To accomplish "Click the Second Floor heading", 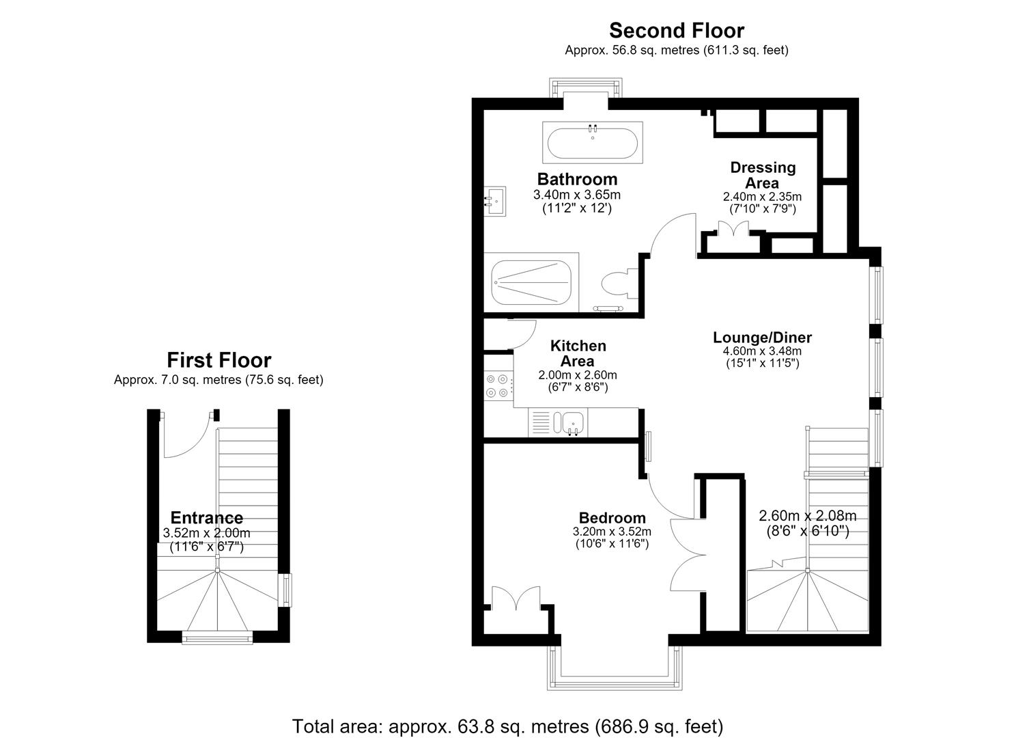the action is pyautogui.click(x=676, y=31).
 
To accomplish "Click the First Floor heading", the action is pyautogui.click(x=219, y=360).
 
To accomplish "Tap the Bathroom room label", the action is pyautogui.click(x=577, y=180).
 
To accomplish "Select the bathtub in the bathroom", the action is pyautogui.click(x=593, y=142).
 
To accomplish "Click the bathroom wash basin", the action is pyautogui.click(x=495, y=201).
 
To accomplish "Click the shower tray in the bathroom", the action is pyautogui.click(x=531, y=283).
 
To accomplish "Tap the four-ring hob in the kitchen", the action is pyautogui.click(x=498, y=385).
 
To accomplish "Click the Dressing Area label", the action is pyautogui.click(x=763, y=176).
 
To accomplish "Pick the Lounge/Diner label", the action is pyautogui.click(x=762, y=338).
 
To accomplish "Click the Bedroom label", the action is pyautogui.click(x=612, y=518).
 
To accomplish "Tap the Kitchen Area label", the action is pyautogui.click(x=578, y=353).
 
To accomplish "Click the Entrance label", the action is pyautogui.click(x=207, y=517).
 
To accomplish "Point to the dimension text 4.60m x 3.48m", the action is pyautogui.click(x=762, y=351).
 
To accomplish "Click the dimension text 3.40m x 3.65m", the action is pyautogui.click(x=577, y=195).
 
